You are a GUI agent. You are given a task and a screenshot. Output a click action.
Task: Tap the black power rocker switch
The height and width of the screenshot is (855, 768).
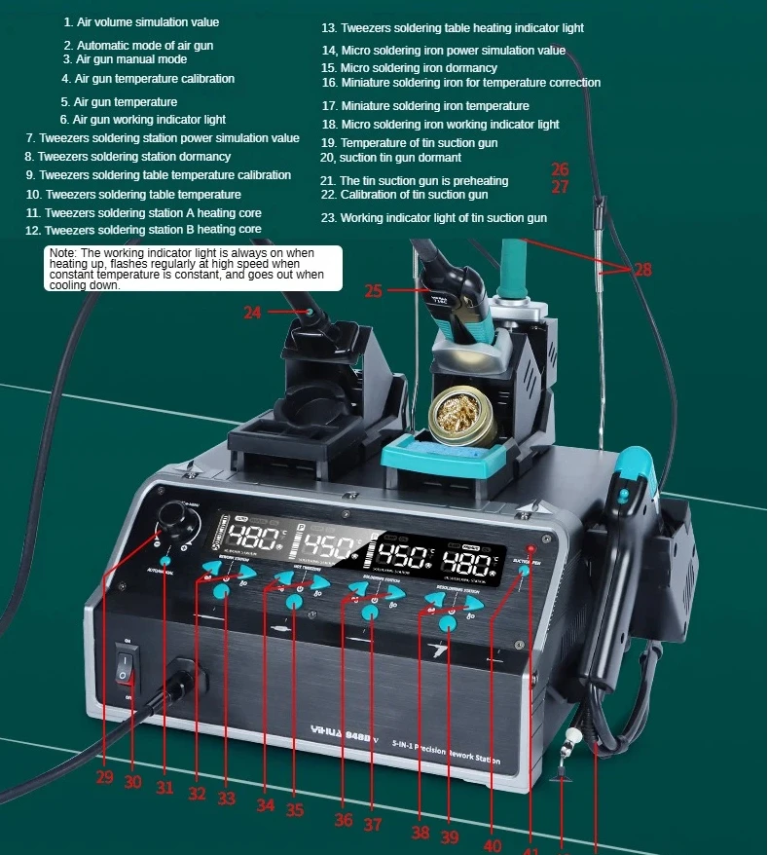click(125, 666)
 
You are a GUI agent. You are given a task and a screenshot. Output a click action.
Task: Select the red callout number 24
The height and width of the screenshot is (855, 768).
click(253, 313)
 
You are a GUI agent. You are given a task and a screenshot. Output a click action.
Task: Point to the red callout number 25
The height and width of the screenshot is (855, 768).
click(375, 290)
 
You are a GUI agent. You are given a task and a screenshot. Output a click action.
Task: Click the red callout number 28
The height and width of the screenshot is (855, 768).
click(642, 270)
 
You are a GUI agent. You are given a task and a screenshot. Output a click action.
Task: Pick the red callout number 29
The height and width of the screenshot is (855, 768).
click(104, 777)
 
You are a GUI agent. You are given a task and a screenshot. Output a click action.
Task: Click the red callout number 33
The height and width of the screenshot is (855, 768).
click(227, 799)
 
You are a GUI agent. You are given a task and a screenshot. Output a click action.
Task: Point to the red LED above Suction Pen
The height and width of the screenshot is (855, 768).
click(532, 552)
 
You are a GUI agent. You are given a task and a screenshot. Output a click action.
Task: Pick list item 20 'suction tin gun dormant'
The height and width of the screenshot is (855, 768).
click(390, 158)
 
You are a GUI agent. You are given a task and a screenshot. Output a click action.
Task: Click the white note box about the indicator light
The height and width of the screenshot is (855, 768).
click(194, 268)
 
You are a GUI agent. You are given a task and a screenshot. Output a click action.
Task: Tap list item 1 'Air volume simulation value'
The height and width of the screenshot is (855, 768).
click(141, 21)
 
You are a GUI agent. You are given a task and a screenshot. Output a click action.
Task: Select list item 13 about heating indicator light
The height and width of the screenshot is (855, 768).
click(453, 28)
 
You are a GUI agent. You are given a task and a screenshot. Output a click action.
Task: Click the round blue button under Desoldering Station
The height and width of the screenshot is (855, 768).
click(448, 622)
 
